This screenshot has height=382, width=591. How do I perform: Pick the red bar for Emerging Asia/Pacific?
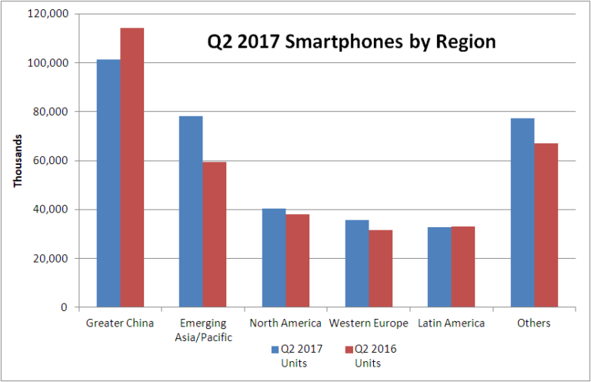[215, 235]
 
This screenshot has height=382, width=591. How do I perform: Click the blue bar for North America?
[274, 258]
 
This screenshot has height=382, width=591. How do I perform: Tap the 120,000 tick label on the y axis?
[48, 14]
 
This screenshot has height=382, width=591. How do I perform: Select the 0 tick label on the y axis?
[64, 307]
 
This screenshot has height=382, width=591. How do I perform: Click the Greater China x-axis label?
[119, 323]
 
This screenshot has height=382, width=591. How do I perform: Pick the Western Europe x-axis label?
[368, 323]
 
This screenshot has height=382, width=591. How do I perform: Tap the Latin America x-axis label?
[451, 323]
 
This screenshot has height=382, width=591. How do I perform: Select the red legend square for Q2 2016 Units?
[347, 349]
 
